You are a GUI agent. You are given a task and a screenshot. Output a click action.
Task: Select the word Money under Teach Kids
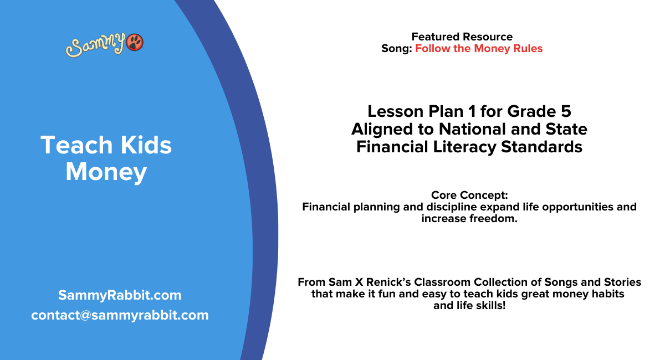[x=106, y=172]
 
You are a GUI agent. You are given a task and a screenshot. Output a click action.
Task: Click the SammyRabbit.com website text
[x=120, y=295]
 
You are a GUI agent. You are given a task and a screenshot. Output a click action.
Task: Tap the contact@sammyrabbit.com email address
[x=120, y=315]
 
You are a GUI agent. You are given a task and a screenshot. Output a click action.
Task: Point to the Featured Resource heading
[x=462, y=37]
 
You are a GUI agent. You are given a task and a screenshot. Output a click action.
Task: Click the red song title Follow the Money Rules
[x=479, y=49]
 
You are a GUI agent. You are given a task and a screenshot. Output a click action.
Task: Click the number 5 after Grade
[x=565, y=111]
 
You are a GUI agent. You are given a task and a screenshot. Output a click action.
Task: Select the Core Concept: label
[x=469, y=196]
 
